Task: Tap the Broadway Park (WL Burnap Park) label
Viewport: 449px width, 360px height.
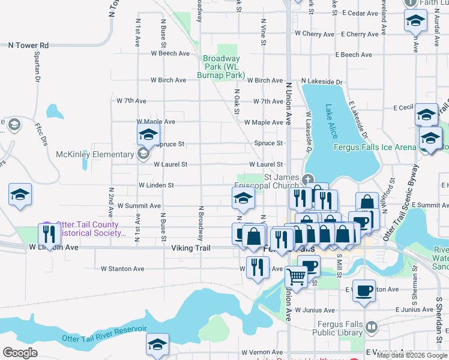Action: click(221, 67)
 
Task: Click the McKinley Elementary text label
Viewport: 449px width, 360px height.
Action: click(95, 154)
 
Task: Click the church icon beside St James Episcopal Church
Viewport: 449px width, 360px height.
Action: click(307, 178)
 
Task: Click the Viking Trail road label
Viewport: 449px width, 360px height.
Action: click(190, 247)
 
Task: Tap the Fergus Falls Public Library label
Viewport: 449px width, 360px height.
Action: click(340, 329)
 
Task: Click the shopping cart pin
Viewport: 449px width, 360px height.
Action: click(296, 277)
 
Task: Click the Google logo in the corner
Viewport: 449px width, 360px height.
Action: click(20, 353)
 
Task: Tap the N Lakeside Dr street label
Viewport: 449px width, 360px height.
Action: click(322, 81)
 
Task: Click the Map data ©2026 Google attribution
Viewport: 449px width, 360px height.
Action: click(412, 355)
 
